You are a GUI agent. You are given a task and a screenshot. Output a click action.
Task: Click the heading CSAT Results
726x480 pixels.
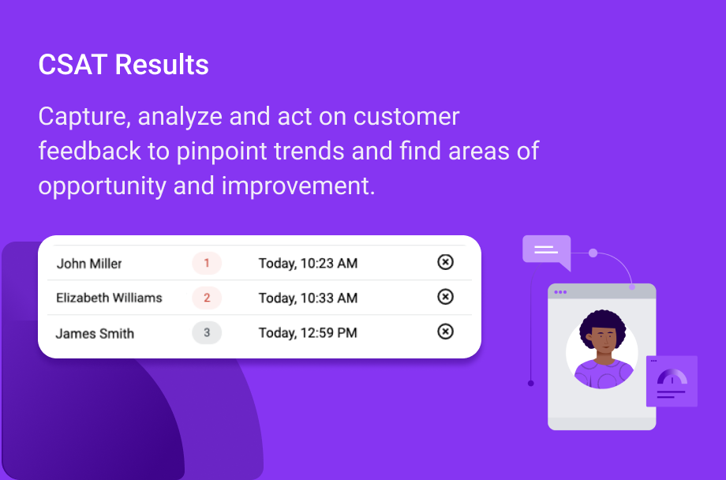[x=123, y=65]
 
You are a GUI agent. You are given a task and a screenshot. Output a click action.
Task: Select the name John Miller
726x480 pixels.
[x=89, y=264]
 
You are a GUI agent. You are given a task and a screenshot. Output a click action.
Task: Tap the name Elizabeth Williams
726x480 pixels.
[x=109, y=298]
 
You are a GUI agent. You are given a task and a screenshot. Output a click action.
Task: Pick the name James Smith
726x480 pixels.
[x=95, y=333]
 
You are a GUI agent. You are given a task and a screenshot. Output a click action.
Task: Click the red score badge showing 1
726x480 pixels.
[x=207, y=263]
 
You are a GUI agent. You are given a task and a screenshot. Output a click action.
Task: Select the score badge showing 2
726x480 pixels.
[x=207, y=298]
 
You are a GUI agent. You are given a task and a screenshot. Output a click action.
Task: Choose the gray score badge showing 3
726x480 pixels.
[x=207, y=332]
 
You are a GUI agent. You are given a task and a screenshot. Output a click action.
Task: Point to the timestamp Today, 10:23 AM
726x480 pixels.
[x=308, y=263]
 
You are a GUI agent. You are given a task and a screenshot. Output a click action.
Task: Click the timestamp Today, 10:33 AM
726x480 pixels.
[x=308, y=298]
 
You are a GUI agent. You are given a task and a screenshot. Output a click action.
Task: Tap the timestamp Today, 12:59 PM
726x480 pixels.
[x=308, y=332]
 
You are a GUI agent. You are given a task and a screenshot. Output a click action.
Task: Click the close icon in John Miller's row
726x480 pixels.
[x=445, y=262]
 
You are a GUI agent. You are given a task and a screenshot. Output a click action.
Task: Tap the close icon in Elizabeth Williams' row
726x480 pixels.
[x=445, y=297]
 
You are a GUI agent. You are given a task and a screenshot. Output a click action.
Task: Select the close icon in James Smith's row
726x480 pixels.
[x=445, y=332]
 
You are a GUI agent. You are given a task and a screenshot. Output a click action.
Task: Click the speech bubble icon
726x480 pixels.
[x=546, y=250]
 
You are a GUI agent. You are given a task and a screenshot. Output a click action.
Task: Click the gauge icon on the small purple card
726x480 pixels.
[x=672, y=377]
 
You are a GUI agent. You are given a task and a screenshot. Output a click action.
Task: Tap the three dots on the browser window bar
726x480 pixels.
[x=560, y=292]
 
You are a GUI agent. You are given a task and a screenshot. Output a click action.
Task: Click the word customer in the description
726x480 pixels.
[x=406, y=116]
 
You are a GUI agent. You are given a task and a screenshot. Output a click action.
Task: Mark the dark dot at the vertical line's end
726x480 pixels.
[x=531, y=383]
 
